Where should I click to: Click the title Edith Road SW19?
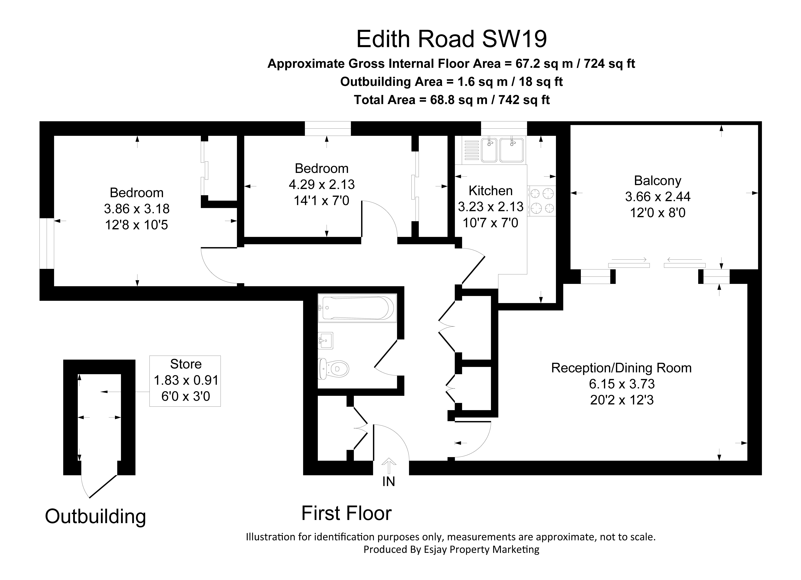click(x=451, y=39)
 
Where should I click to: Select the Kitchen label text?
click(x=491, y=191)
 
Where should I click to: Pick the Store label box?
click(x=185, y=381)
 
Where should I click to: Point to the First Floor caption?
click(x=346, y=513)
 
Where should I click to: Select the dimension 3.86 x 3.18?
click(x=137, y=209)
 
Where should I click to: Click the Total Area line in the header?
click(x=452, y=100)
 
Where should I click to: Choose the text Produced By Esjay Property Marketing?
click(x=451, y=549)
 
